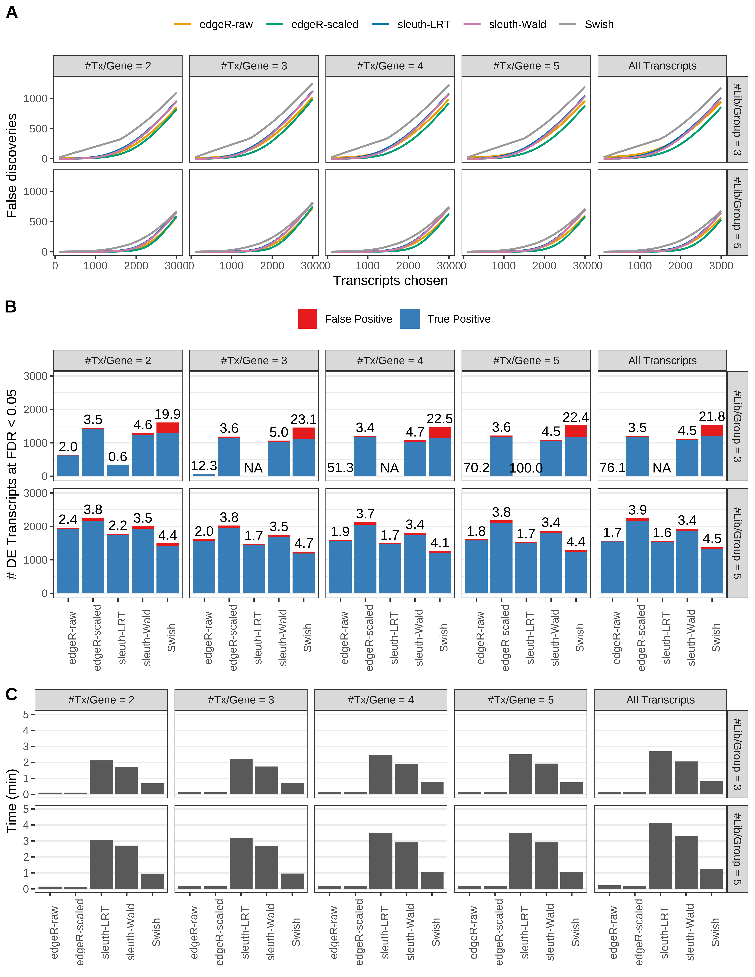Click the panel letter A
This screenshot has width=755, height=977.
pyautogui.click(x=12, y=12)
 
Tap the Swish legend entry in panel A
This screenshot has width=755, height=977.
pyautogui.click(x=599, y=25)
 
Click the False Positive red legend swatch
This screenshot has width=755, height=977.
pyautogui.click(x=307, y=319)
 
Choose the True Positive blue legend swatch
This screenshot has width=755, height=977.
pyautogui.click(x=410, y=319)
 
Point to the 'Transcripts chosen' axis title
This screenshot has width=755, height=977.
pyautogui.click(x=390, y=281)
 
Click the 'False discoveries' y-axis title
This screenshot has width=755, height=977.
pyautogui.click(x=12, y=165)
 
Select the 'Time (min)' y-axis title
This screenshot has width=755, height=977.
pyautogui.click(x=12, y=801)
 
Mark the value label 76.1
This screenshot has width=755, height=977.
pyautogui.click(x=612, y=468)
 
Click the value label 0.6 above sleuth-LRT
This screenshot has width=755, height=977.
pyautogui.click(x=118, y=457)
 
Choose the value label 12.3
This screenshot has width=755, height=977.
pyautogui.click(x=204, y=466)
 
